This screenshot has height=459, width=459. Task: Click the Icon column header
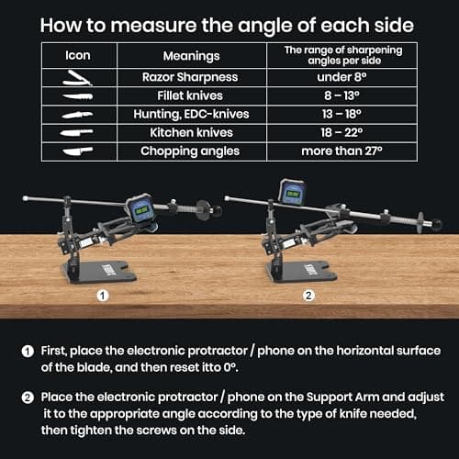point(77,54)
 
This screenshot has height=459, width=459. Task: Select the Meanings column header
point(191,55)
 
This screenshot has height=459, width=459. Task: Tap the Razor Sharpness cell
point(191,79)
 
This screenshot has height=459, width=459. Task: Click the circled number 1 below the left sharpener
point(104,297)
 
